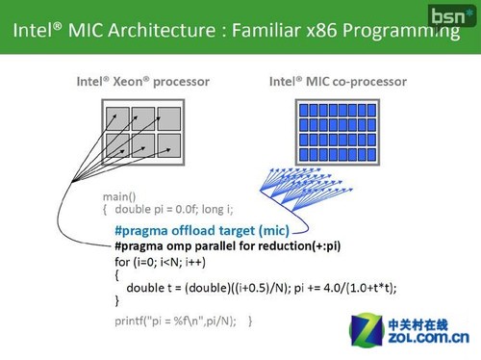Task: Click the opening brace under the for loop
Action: point(117,274)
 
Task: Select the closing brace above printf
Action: point(117,301)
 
